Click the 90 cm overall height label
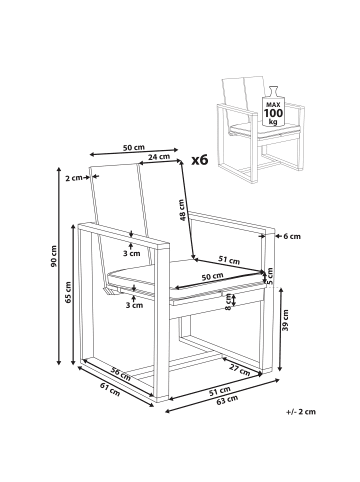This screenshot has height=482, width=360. click(x=54, y=256)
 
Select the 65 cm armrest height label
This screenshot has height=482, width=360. click(x=68, y=292)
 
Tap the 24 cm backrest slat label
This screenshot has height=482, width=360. click(x=159, y=156)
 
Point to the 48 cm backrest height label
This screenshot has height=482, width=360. click(x=181, y=211)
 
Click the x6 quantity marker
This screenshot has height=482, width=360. click(x=200, y=160)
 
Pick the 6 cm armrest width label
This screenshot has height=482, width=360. click(x=292, y=236)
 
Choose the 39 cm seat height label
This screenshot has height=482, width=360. click(x=285, y=320)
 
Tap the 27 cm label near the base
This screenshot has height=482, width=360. click(x=239, y=369)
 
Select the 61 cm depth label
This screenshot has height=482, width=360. click(x=110, y=389)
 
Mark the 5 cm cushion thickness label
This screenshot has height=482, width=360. click(x=269, y=276)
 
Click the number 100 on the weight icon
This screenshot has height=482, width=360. click(x=273, y=113)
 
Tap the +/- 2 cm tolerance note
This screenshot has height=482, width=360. click(x=301, y=412)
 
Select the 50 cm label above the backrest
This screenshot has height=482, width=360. click(x=134, y=148)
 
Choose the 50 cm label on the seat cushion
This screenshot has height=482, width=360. click(x=212, y=276)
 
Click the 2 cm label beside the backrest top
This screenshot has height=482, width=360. click(x=74, y=178)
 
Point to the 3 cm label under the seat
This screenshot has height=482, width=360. click(x=134, y=305)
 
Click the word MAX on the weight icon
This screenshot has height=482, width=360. click(x=273, y=105)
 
